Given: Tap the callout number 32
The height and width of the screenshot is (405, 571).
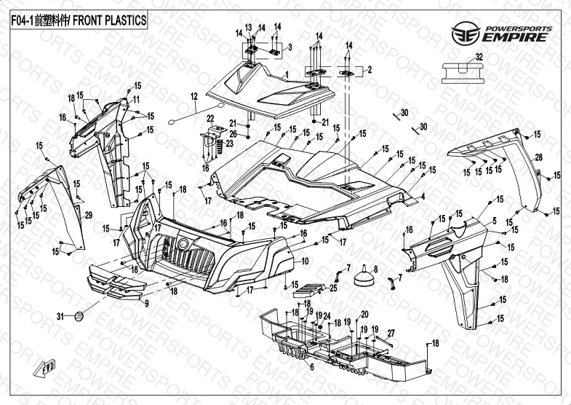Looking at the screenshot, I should click(478, 57).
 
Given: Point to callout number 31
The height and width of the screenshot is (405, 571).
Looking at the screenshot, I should click(60, 315).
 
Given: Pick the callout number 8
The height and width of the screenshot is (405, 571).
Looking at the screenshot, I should click(375, 270).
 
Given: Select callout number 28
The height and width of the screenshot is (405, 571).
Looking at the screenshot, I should click(539, 157).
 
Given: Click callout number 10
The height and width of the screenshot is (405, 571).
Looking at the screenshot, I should click(305, 261).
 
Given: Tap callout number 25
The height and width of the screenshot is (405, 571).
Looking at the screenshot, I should click(333, 288).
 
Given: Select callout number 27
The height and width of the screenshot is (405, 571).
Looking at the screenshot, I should click(390, 333).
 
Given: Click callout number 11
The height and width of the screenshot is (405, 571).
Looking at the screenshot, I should click(136, 98).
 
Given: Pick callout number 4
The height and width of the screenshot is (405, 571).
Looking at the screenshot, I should click(423, 196).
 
